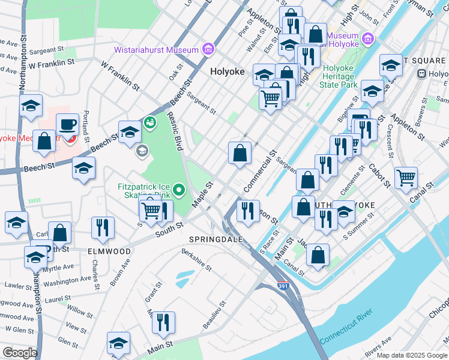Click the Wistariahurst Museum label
click(158, 50)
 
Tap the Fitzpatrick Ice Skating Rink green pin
click(179, 191)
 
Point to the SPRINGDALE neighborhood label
click(215, 239)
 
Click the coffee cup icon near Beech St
click(68, 124)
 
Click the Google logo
click(20, 353)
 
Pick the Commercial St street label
click(260, 172)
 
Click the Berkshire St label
click(197, 260)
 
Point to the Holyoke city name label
click(227, 71)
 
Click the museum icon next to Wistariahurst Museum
click(208, 49)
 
